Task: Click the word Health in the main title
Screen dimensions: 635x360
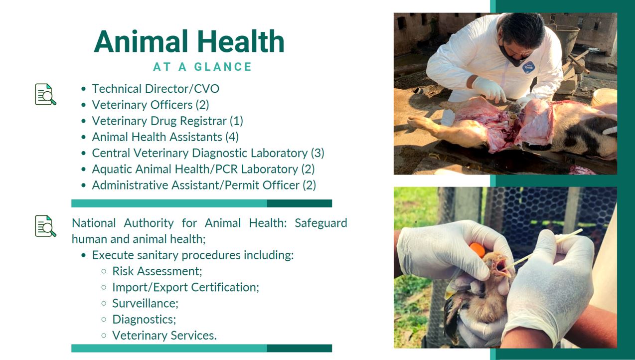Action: (241, 41)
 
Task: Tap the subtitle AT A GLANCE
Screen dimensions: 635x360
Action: (202, 67)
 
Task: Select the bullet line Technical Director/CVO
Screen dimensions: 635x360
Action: (156, 89)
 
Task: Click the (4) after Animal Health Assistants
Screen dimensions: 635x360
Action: (232, 137)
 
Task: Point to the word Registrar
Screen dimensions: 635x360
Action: (203, 121)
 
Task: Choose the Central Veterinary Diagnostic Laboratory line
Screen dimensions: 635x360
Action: (208, 153)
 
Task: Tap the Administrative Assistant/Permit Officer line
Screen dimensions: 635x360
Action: (204, 185)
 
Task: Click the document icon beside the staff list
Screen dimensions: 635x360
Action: (46, 94)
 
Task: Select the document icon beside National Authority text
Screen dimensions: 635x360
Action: (46, 226)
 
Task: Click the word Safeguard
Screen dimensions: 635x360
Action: (321, 223)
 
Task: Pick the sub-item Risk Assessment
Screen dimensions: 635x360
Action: (157, 271)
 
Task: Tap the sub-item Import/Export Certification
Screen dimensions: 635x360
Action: (186, 287)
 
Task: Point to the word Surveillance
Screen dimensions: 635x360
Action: (145, 303)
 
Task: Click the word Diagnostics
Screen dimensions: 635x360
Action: (144, 320)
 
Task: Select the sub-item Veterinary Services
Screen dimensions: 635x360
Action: (164, 336)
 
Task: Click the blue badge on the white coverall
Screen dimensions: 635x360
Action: (528, 67)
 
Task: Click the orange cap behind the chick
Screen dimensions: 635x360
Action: (477, 250)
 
